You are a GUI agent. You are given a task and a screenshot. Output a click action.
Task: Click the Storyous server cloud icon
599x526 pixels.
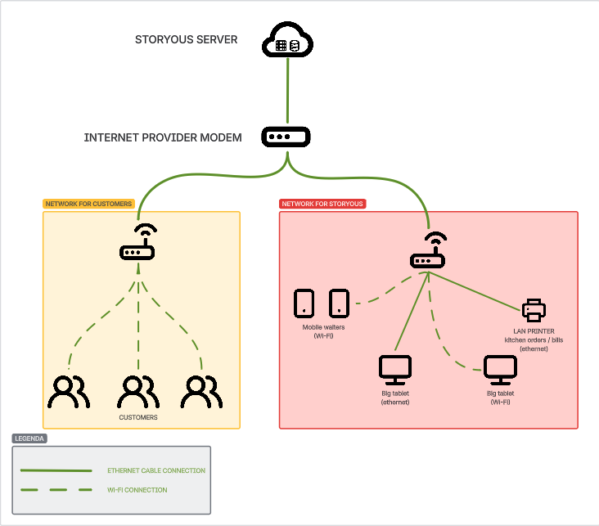288,41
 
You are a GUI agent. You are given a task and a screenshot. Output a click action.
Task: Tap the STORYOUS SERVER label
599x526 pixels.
186,39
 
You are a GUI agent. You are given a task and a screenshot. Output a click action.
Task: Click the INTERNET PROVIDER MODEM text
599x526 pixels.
163,137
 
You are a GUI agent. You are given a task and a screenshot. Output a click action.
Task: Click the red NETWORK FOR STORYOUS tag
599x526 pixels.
322,204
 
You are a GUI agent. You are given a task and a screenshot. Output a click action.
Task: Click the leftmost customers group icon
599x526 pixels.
67,391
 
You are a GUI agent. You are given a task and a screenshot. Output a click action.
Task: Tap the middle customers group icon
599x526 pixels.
138,391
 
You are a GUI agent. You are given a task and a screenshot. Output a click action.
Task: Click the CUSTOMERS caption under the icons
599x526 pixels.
138,417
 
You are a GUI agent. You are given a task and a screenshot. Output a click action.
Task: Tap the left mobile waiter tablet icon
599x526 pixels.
304,303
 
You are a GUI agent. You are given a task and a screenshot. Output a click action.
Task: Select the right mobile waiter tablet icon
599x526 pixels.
340,303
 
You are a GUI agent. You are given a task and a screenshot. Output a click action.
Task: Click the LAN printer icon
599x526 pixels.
534,309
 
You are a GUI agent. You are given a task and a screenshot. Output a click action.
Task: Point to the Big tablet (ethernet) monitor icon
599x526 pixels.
394,371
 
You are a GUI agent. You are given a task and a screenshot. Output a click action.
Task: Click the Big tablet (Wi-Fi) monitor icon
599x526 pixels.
499,371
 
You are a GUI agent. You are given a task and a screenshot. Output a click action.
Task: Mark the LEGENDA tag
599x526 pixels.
29,438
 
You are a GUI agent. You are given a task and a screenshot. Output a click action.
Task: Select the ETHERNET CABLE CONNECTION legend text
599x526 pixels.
156,471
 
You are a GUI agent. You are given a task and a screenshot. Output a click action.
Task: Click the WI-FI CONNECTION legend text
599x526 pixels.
137,490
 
